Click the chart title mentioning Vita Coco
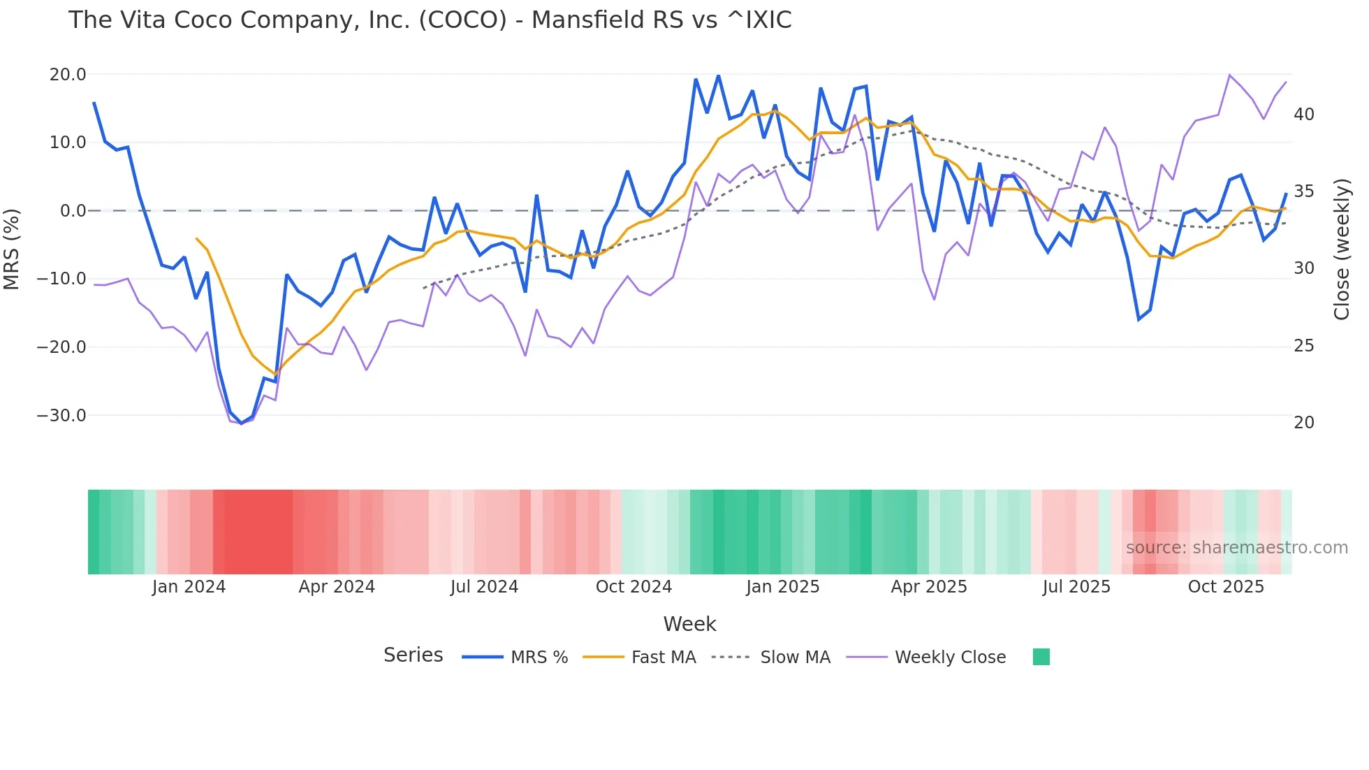(430, 20)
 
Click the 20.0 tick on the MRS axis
(68, 75)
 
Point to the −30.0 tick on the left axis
(61, 416)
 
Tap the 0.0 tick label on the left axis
(73, 211)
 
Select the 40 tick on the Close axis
(1303, 115)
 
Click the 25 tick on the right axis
(1303, 346)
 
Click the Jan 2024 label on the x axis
(189, 587)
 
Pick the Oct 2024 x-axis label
(634, 587)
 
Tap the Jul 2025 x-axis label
(1076, 587)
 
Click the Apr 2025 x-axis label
(929, 587)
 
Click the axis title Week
(689, 624)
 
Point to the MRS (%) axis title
(12, 249)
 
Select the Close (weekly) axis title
(1341, 249)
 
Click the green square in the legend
(1041, 657)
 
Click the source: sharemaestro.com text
(1236, 548)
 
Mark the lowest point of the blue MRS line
(242, 423)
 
